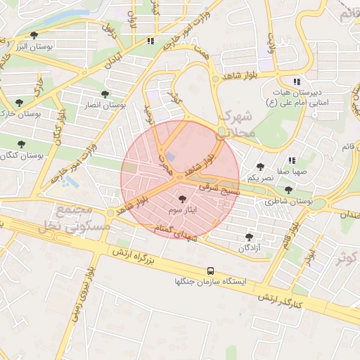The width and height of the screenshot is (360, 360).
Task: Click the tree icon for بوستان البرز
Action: pos(34,35)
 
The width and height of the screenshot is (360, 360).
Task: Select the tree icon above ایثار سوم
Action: pos(184,200)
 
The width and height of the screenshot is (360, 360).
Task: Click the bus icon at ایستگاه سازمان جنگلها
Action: pos(210,271)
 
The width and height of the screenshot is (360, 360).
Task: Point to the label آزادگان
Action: pos(249,247)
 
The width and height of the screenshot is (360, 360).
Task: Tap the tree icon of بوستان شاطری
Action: pos(288,190)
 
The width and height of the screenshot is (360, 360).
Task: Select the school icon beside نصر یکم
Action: pos(291,160)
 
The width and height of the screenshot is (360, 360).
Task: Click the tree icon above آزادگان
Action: pos(249,237)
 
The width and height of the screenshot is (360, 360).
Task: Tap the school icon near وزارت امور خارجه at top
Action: pos(150,41)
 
